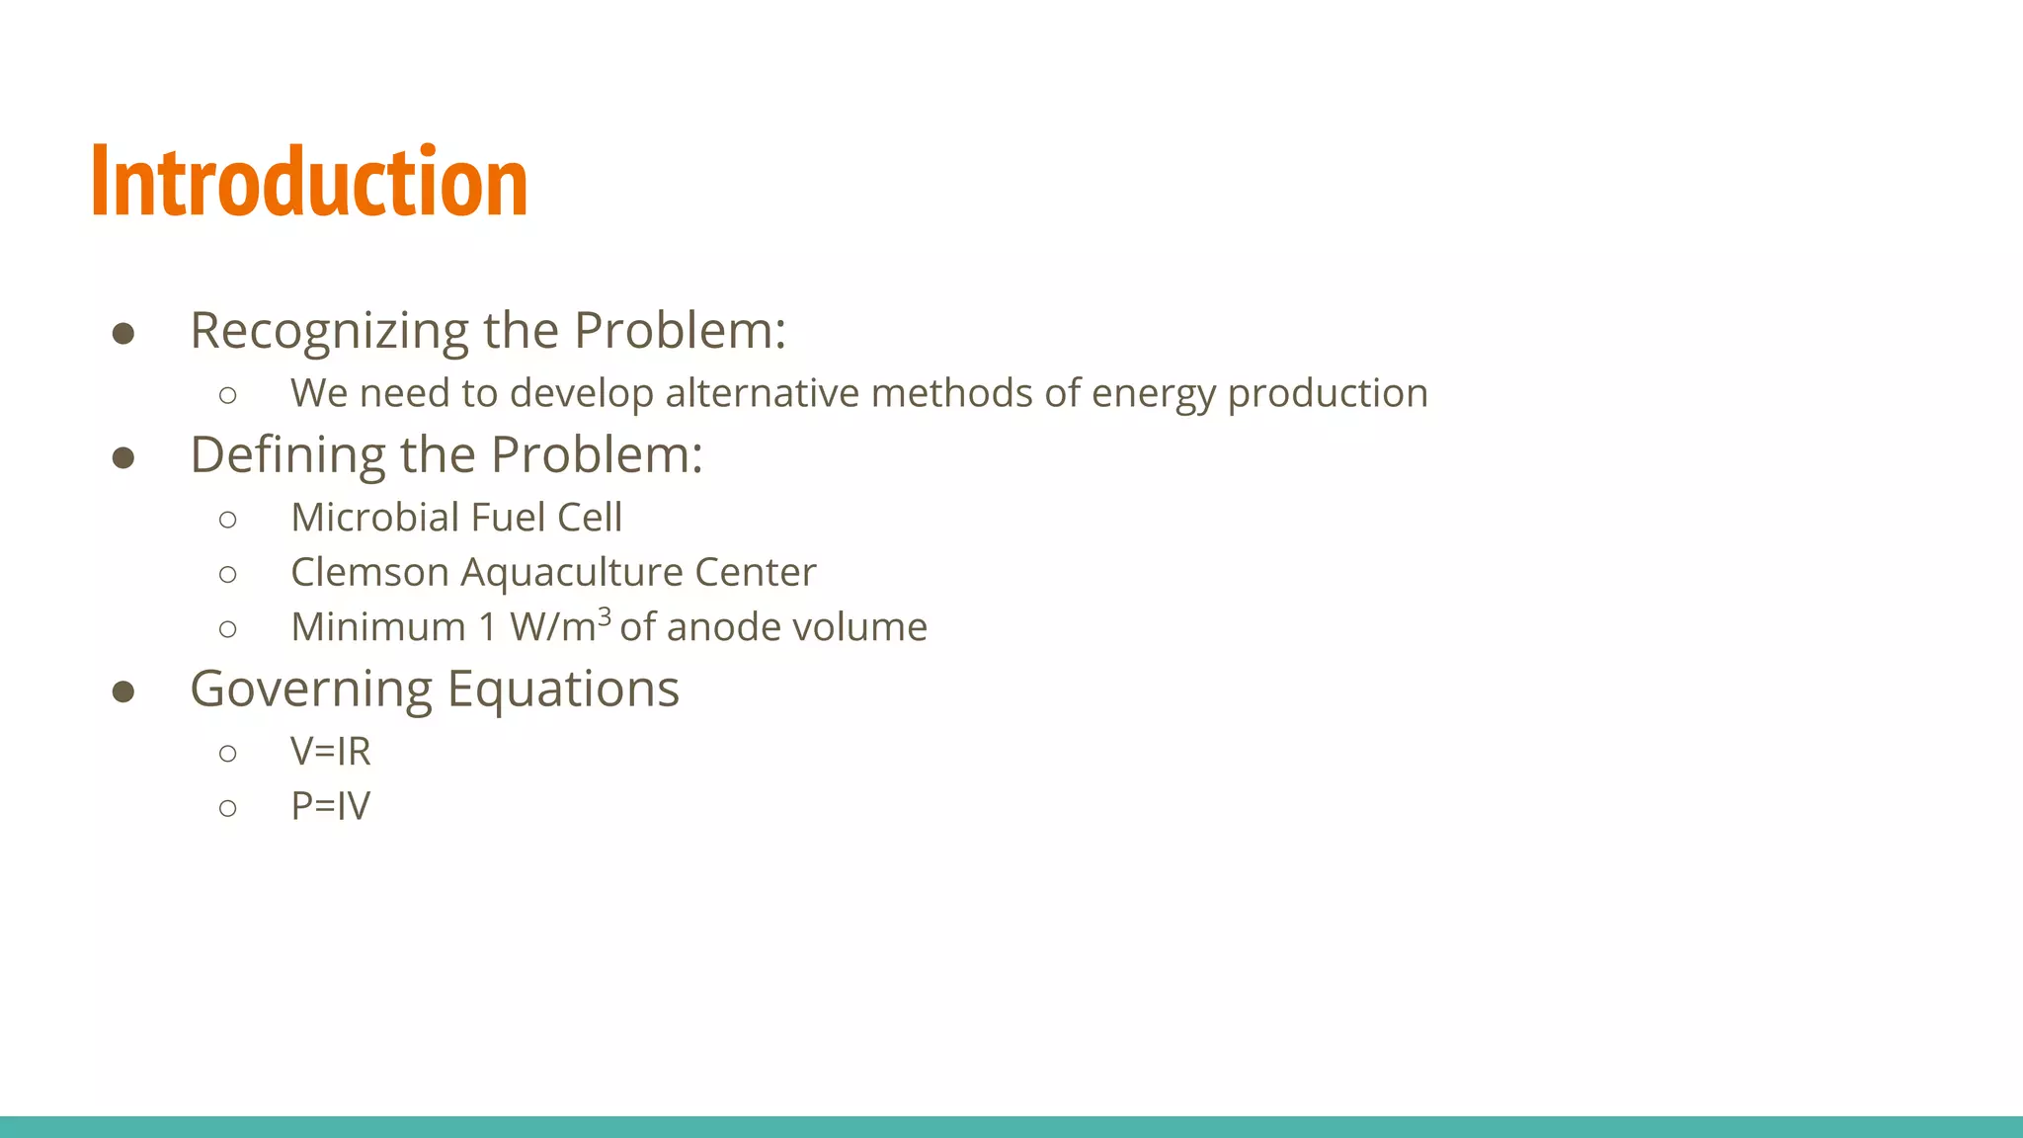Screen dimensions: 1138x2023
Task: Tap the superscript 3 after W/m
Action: [x=605, y=616]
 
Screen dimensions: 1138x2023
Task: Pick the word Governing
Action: [x=310, y=690]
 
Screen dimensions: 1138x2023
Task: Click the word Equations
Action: [x=563, y=690]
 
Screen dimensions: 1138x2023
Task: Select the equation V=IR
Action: [x=330, y=752]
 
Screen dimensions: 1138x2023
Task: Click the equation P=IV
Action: [x=330, y=806]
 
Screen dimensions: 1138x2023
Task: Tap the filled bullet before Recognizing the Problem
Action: [x=123, y=334]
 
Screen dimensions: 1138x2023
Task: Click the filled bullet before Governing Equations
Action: [x=123, y=691]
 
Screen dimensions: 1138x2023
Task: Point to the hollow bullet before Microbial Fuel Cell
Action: [x=228, y=520]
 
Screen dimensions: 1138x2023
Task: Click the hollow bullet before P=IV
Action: [x=228, y=808]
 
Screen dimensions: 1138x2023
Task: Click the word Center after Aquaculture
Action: [x=756, y=572]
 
